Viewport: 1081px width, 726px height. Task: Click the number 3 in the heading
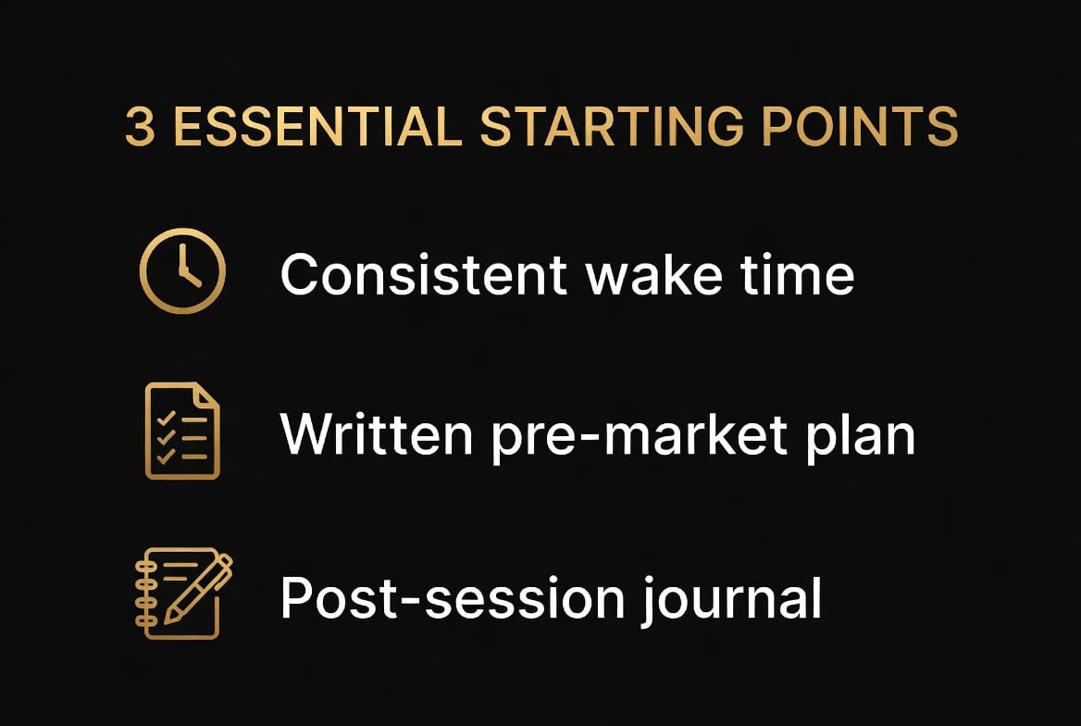tap(140, 129)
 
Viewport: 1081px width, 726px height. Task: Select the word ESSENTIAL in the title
tap(317, 129)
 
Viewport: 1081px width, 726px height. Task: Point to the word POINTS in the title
tap(860, 129)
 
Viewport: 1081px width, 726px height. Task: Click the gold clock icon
tap(182, 271)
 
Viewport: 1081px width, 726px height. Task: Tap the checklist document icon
tap(182, 431)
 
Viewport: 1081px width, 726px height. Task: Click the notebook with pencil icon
tap(182, 593)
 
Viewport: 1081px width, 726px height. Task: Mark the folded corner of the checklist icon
tap(208, 395)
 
